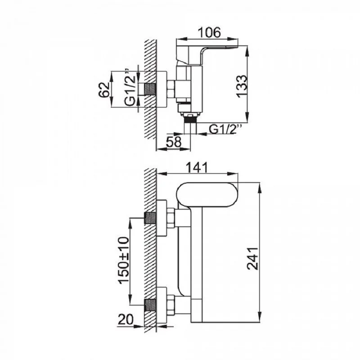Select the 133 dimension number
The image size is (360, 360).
pyautogui.click(x=242, y=86)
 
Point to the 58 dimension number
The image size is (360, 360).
pyautogui.click(x=174, y=142)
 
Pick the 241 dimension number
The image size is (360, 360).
pyautogui.click(x=252, y=258)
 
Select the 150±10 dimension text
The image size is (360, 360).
pyautogui.click(x=124, y=260)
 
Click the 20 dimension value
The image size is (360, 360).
pyautogui.click(x=126, y=319)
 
